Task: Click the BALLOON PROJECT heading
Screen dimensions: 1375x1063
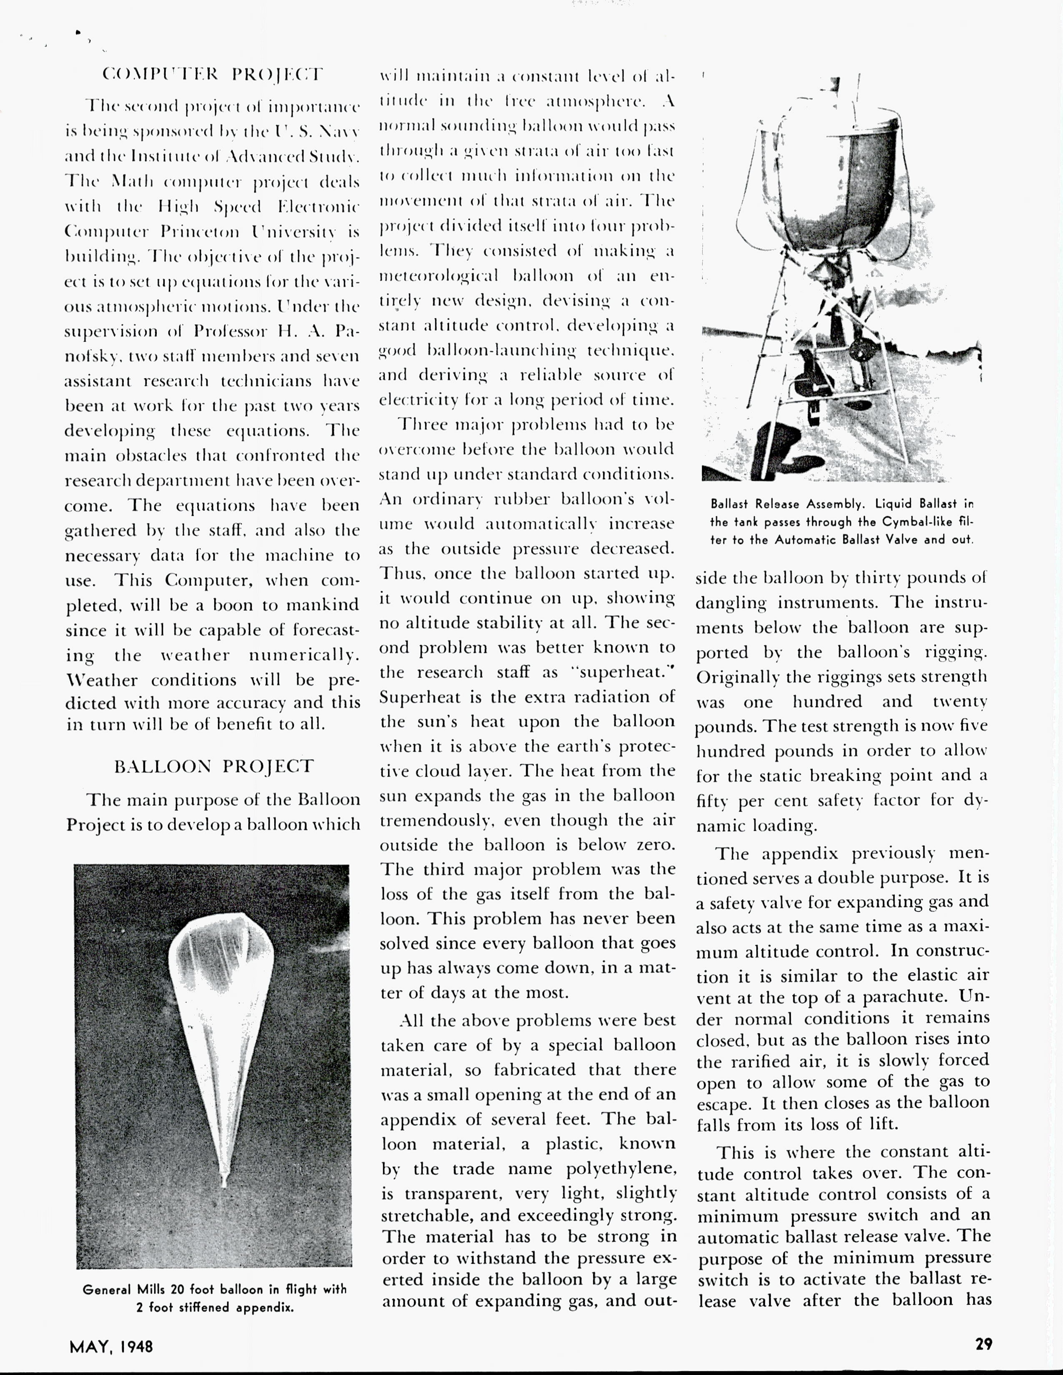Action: [213, 766]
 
